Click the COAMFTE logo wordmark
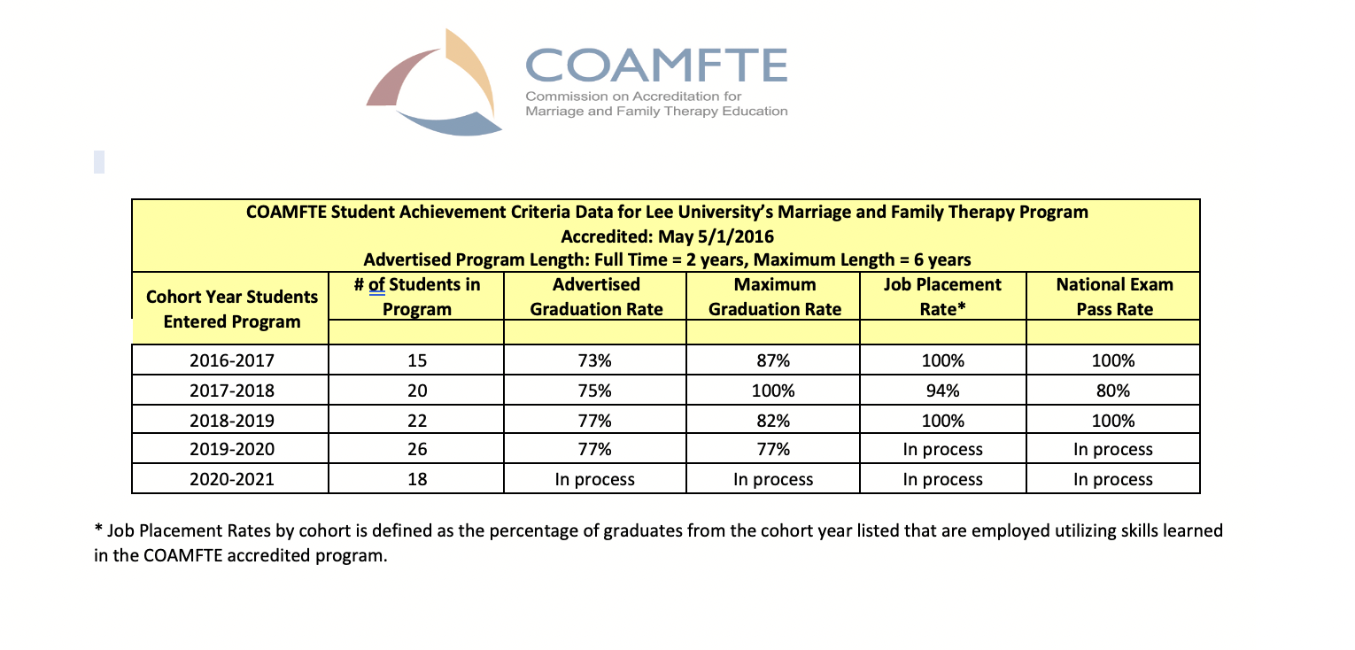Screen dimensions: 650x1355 655,65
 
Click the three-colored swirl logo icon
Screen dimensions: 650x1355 434,82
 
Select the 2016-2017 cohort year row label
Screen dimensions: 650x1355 230,361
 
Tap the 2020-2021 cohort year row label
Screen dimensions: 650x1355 230,479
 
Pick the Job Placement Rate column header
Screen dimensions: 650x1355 942,297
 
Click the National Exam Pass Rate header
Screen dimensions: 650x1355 1113,297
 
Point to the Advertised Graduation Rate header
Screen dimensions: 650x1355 595,297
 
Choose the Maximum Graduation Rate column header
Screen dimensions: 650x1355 772,297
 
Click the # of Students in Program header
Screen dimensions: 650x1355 417,297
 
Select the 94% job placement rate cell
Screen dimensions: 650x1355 942,391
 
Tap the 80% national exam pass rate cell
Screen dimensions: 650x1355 1113,391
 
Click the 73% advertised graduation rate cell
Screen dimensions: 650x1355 595,361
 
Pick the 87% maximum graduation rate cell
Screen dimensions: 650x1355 772,361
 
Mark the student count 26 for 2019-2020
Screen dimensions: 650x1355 417,449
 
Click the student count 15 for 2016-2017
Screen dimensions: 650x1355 417,361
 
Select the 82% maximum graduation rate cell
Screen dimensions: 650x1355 772,420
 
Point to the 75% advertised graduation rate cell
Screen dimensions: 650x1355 595,391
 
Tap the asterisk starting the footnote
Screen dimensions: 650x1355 98,530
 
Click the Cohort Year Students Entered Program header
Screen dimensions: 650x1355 230,308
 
